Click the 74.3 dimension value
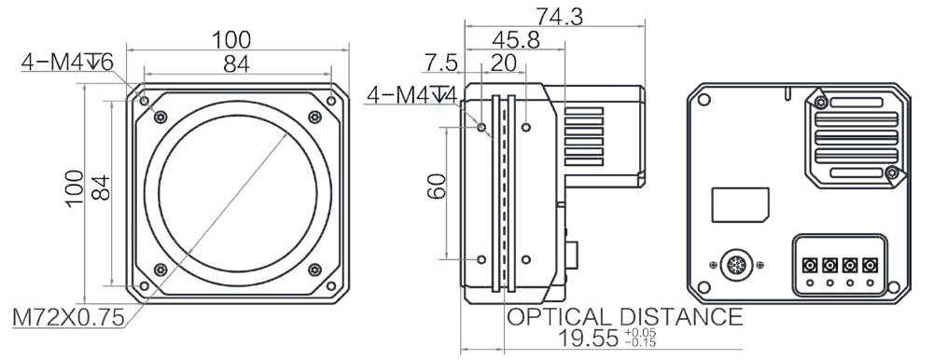point(559,16)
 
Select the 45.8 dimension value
point(516,40)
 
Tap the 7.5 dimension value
point(441,62)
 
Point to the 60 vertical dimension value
point(437,187)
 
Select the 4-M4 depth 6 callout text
point(67,62)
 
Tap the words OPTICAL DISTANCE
point(624,316)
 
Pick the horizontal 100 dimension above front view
point(232,40)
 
